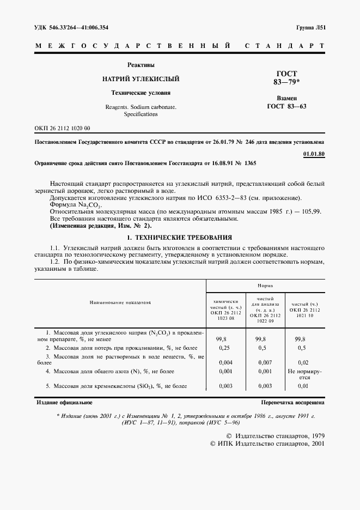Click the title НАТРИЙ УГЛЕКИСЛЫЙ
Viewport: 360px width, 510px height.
coord(141,79)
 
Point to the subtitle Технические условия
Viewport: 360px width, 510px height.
coord(141,93)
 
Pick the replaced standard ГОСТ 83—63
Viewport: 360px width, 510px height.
coord(286,106)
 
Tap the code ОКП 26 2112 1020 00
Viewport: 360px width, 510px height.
coord(62,128)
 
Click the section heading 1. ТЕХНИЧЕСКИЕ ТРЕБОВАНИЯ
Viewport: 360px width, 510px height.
coord(179,238)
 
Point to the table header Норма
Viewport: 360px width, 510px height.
coord(265,286)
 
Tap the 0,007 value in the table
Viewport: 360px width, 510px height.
coord(264,361)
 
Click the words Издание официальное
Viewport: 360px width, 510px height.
coord(64,403)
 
